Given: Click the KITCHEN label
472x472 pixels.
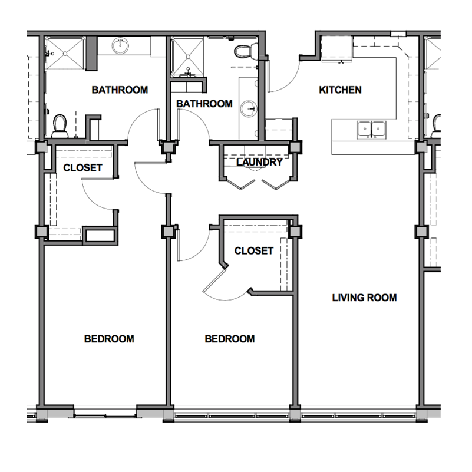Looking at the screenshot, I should click(x=340, y=90).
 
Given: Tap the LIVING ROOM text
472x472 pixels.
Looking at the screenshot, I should click(x=364, y=298).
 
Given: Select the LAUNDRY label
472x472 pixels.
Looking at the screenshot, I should click(x=259, y=162).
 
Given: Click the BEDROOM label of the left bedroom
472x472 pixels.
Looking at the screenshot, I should click(x=109, y=339).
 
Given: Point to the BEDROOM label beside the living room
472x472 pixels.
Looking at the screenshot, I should click(x=230, y=339).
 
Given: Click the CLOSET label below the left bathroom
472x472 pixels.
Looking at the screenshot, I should click(x=82, y=167).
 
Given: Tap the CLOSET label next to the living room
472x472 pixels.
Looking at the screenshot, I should click(x=253, y=251).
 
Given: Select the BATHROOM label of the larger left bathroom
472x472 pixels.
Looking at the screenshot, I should click(x=120, y=90).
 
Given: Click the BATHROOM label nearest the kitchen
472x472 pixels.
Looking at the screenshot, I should click(x=204, y=104).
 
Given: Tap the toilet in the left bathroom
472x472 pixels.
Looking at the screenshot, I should click(x=60, y=125).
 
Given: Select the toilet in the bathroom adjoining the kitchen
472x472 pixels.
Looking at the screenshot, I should click(x=243, y=51).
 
